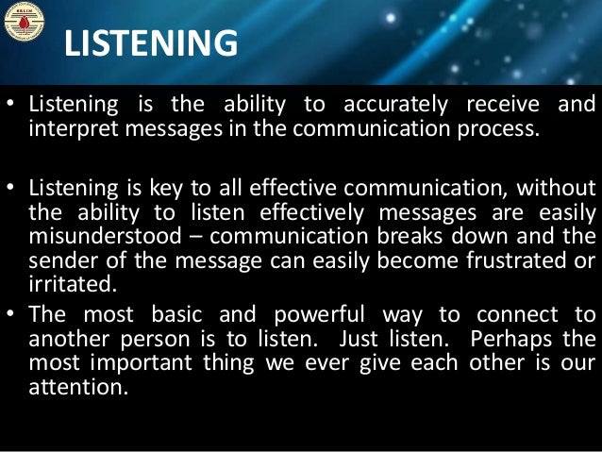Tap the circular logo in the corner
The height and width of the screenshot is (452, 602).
[24, 24]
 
